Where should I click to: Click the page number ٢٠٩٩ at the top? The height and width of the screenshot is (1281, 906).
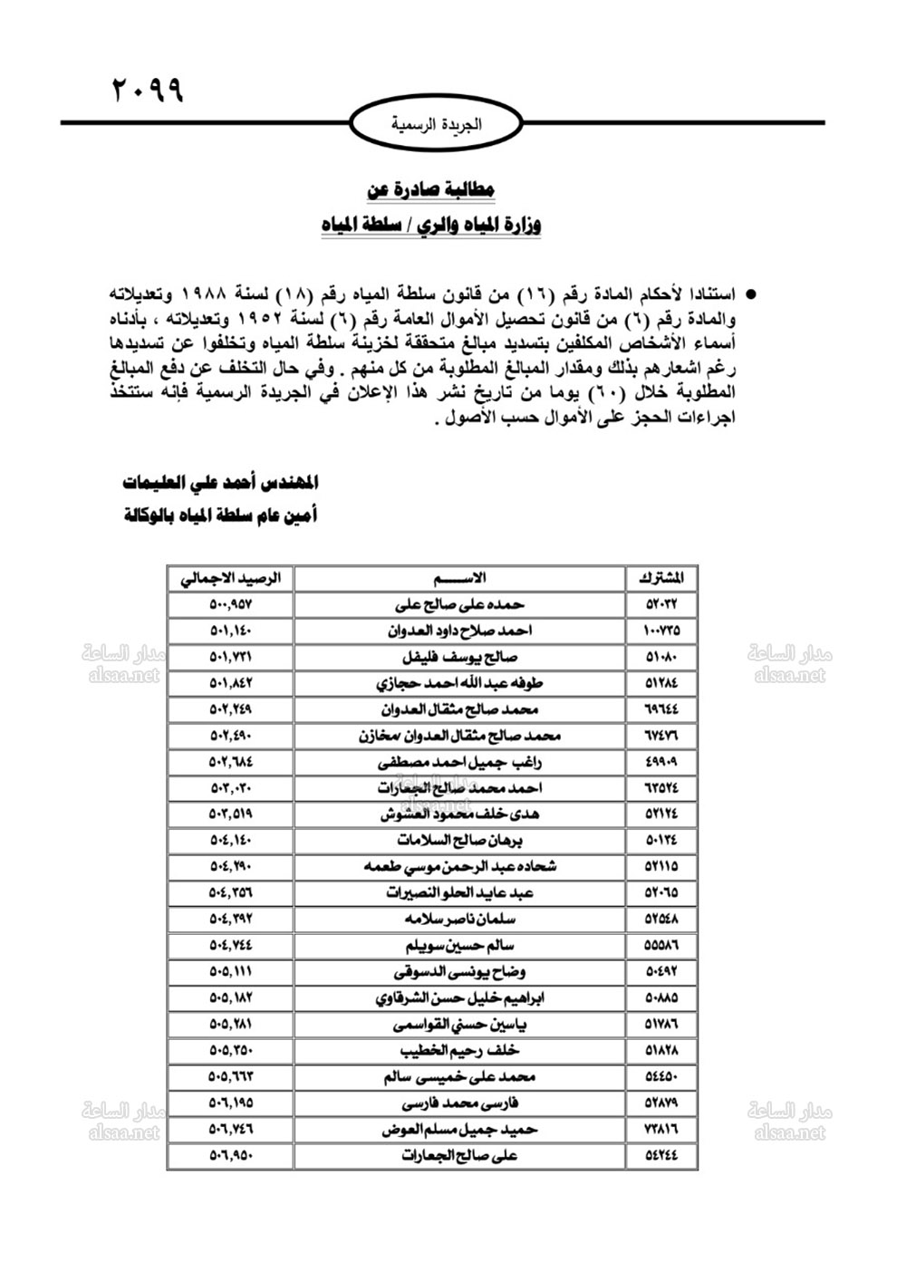147,91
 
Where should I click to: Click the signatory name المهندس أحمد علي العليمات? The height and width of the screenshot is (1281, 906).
220,481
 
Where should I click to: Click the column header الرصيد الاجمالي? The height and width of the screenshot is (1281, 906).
231,578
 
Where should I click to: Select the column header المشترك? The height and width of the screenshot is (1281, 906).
661,578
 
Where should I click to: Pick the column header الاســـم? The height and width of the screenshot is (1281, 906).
460,578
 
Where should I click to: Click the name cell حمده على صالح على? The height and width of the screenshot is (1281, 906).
460,604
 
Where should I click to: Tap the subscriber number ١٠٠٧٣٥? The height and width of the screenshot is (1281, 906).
661,631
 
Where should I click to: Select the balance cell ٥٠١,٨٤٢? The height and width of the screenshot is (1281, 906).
231,683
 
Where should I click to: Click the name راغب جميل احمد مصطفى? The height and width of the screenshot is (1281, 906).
460,762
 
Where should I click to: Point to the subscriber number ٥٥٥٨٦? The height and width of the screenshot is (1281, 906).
661,946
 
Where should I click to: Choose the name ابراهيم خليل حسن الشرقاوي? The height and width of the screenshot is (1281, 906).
460,998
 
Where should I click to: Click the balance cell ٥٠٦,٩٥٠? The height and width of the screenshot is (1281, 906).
231,1156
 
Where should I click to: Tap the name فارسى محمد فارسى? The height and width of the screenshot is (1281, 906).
460,1103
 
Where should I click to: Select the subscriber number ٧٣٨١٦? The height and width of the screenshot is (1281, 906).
661,1130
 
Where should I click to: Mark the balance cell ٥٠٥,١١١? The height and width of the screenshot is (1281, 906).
231,972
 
